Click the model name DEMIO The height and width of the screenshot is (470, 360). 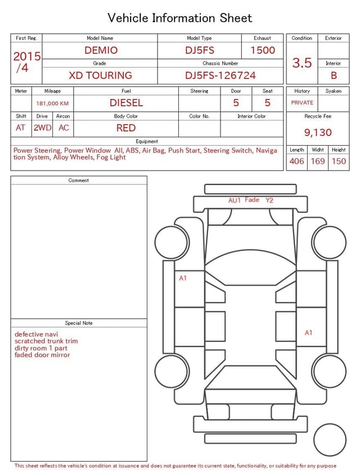[101, 50]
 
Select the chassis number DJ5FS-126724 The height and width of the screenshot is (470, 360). [220, 75]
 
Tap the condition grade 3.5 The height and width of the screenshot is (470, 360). [302, 63]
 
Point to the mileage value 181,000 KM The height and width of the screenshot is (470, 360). [52, 104]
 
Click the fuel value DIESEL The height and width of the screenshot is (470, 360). [126, 103]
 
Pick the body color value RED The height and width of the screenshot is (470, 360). [126, 128]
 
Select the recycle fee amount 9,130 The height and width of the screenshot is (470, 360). [318, 132]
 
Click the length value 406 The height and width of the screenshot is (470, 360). [297, 161]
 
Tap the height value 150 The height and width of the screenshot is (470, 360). [339, 161]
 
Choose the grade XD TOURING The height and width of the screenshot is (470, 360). [100, 75]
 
